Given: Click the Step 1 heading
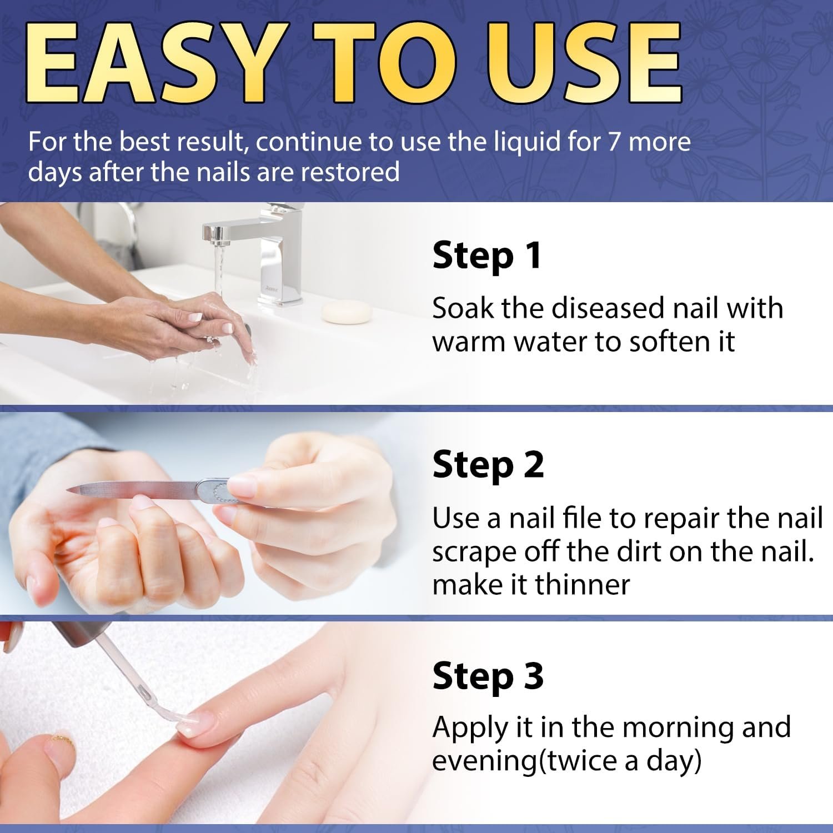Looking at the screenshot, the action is [x=486, y=257].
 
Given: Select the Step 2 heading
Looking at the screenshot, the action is [x=488, y=465].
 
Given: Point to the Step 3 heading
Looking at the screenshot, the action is [x=488, y=676].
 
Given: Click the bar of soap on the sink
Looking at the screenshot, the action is [x=347, y=312].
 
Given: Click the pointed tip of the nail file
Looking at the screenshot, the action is [x=68, y=489].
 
